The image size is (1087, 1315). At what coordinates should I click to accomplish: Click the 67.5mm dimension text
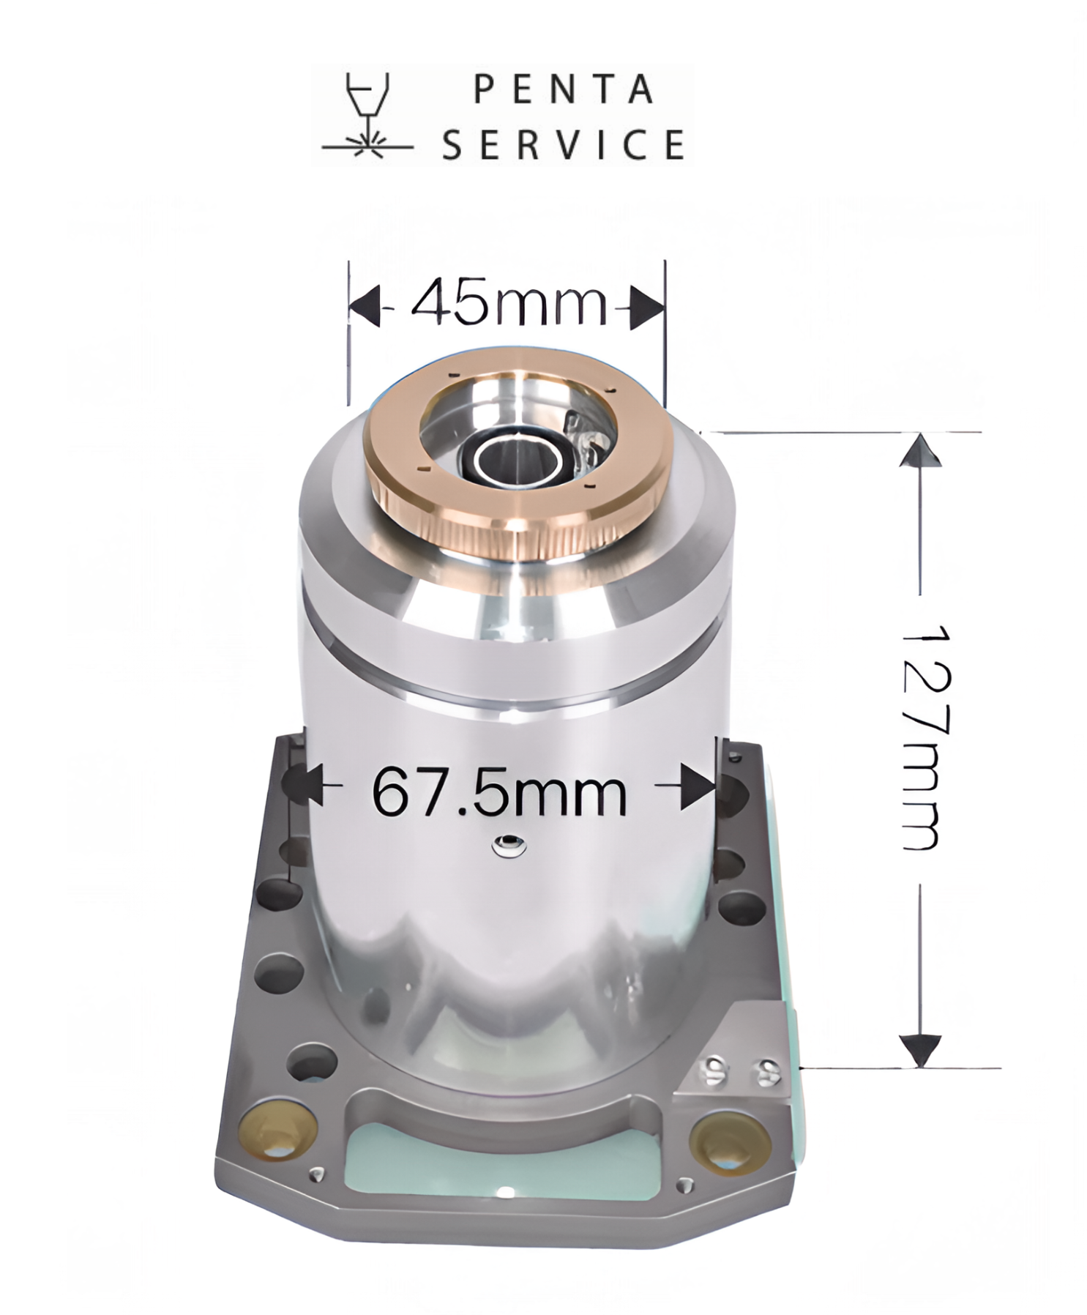point(499,791)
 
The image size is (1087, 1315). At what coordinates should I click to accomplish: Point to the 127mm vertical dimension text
point(924,737)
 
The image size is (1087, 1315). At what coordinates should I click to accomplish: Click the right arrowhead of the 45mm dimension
point(647,306)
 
